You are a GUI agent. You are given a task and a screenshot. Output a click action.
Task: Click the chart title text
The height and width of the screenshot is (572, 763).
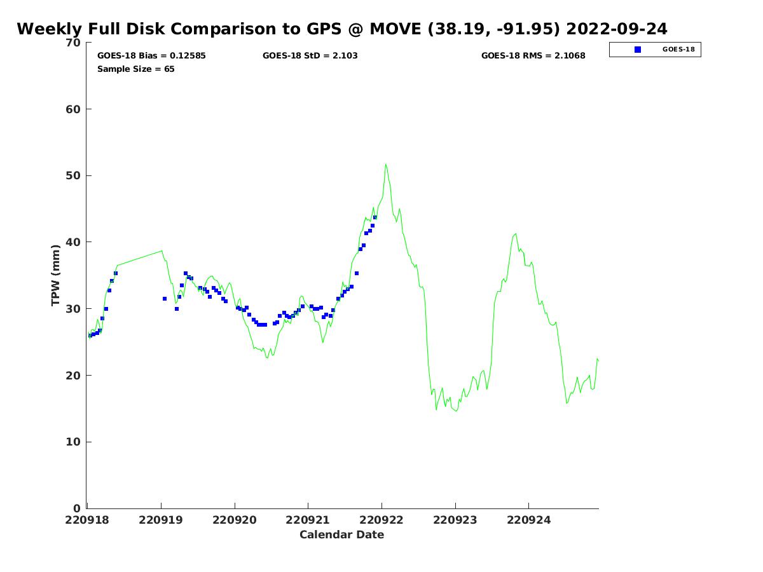[x=342, y=29]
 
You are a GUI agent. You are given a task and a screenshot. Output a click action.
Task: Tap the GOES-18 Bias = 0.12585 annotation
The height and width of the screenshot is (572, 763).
[x=151, y=56]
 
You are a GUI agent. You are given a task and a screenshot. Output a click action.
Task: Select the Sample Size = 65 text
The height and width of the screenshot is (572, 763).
[x=135, y=69]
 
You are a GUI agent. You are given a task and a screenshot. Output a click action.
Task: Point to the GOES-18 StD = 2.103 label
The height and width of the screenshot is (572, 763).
[x=310, y=56]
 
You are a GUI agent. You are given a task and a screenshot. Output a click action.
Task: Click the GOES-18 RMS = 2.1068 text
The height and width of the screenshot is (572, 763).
[x=533, y=56]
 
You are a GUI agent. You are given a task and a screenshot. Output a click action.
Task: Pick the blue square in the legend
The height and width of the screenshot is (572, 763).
[x=638, y=50]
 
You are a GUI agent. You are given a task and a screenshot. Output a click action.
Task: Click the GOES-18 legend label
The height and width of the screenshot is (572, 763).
[x=678, y=50]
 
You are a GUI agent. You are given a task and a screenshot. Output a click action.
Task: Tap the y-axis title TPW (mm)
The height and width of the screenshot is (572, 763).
[x=56, y=275]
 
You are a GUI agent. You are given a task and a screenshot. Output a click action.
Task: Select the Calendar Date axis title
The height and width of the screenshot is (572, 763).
[x=342, y=535]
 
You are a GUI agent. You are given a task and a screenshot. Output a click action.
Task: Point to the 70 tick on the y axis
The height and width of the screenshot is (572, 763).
[x=74, y=43]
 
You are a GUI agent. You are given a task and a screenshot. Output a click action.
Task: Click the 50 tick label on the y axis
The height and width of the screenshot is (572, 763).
[x=74, y=176]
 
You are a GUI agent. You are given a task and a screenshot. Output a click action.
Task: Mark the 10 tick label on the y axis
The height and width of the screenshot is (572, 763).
[x=74, y=442]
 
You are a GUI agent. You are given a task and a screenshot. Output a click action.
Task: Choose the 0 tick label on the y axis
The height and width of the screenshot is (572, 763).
[x=77, y=508]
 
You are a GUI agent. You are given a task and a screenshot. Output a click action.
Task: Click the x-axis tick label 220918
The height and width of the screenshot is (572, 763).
[x=88, y=520]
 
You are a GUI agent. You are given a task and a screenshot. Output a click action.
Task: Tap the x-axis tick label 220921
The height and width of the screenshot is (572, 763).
[x=308, y=520]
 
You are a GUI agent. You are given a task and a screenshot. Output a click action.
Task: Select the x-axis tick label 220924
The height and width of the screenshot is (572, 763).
[x=529, y=520]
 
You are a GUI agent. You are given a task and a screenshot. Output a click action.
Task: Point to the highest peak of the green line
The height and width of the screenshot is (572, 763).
[x=385, y=165]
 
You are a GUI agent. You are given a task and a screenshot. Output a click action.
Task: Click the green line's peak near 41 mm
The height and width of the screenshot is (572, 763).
[x=515, y=233]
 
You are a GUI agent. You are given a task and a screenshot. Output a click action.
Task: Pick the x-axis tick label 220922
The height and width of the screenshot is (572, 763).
[x=381, y=520]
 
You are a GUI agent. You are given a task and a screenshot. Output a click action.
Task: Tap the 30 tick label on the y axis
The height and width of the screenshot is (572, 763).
[x=74, y=309]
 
